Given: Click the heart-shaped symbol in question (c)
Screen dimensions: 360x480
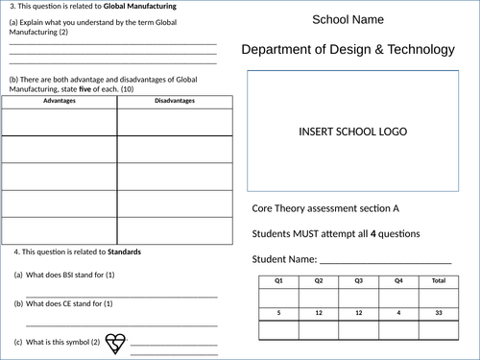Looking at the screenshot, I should click(116, 343).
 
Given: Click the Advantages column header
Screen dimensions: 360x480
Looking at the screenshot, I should click(60, 100).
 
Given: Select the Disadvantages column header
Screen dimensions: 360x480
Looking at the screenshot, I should click(174, 100).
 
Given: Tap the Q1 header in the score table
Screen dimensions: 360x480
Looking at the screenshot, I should click(278, 280).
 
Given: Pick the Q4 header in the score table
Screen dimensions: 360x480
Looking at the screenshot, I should click(398, 280).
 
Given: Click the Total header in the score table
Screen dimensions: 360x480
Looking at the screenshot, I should click(439, 280).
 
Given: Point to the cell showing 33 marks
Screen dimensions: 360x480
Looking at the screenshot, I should click(439, 313).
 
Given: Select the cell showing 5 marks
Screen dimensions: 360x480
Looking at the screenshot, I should click(278, 313).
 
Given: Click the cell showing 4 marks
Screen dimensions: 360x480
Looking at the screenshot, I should click(398, 313).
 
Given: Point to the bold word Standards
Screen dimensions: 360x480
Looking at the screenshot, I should click(123, 252).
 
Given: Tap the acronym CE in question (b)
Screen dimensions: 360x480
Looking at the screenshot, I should click(67, 304).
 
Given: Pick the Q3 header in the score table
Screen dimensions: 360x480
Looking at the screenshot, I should click(358, 280).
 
